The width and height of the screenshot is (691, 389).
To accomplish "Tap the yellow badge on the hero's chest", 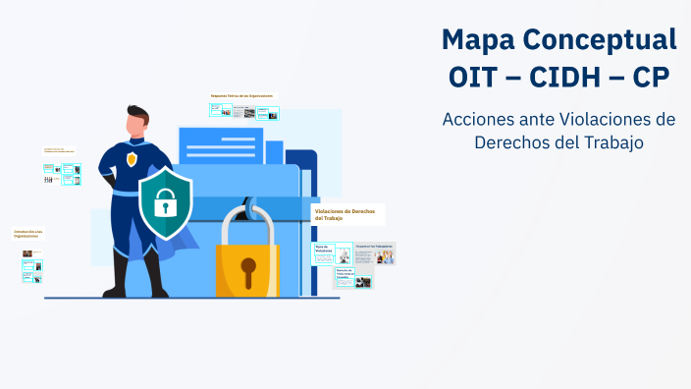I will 132,158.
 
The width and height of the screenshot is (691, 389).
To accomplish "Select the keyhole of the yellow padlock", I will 247,267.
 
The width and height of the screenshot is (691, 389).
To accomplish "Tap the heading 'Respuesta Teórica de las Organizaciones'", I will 241,95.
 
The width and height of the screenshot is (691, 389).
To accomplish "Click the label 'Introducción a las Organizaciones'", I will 27,234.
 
